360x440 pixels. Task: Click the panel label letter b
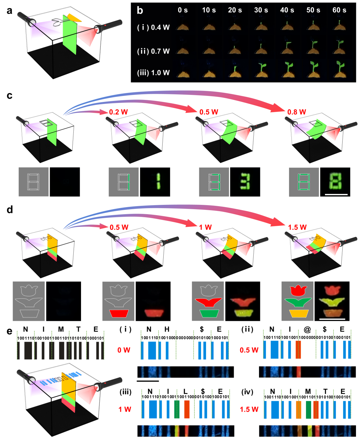(x=140, y=10)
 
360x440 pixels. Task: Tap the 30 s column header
(x=261, y=10)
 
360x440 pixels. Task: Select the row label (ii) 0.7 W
(x=153, y=51)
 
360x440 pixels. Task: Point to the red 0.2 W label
(x=118, y=112)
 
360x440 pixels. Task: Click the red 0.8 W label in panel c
(x=297, y=112)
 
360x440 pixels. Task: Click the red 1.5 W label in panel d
(x=297, y=227)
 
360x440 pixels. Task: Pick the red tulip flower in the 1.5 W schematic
(x=298, y=290)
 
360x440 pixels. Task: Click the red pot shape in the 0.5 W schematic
(x=119, y=313)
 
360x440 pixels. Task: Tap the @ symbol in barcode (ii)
(x=307, y=329)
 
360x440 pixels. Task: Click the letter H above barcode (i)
(x=167, y=329)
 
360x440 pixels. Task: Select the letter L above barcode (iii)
(x=186, y=391)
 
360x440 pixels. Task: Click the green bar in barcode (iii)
(x=177, y=409)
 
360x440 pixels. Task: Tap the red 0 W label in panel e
(x=124, y=350)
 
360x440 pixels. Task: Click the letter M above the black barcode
(x=61, y=329)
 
